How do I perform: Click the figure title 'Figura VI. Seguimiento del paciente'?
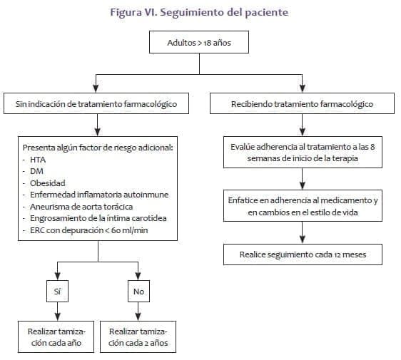[199, 12]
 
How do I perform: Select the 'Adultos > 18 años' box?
[198, 43]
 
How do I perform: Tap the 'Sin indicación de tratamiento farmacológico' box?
[96, 104]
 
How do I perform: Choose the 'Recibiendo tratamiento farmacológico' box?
[302, 104]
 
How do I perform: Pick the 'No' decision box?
[138, 291]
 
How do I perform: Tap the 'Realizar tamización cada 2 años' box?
[139, 337]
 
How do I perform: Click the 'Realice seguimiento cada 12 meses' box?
[302, 253]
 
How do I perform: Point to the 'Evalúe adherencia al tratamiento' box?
[302, 152]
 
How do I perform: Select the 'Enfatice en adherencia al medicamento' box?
[302, 206]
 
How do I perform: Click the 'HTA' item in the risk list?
[39, 160]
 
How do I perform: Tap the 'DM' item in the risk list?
[36, 171]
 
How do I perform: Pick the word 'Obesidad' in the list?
[47, 182]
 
